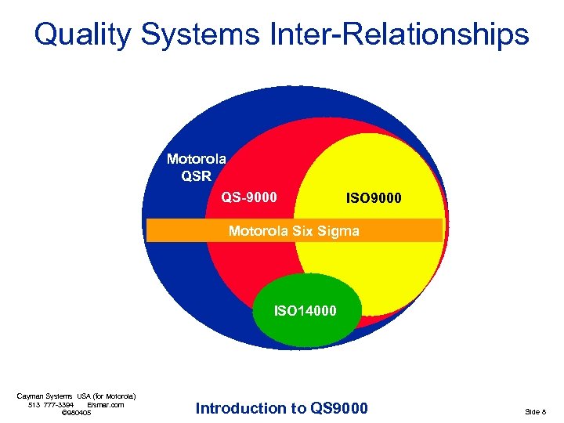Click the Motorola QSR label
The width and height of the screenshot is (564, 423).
pos(196,168)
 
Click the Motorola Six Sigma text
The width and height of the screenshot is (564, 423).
pos(294,231)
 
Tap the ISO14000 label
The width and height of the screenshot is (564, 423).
pos(305,311)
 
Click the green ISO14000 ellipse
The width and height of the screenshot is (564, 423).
pos(305,329)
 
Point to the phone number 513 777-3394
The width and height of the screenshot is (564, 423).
pos(51,405)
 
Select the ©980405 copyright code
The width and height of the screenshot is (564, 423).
pos(76,413)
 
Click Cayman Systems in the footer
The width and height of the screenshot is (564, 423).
pos(43,396)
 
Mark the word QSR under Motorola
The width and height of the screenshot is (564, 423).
pos(196,175)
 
